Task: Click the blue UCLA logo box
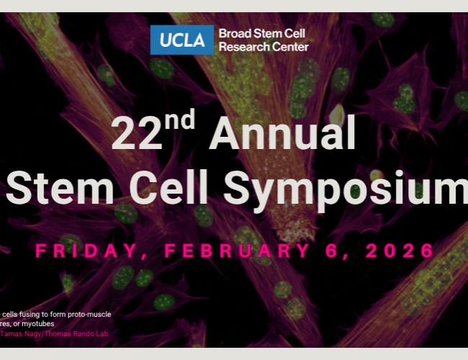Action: [182, 40]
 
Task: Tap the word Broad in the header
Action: [235, 34]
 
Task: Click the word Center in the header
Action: [291, 47]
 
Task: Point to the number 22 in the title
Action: [136, 135]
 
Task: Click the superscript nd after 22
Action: [179, 121]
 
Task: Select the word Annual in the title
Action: [282, 135]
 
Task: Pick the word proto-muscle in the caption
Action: [87, 315]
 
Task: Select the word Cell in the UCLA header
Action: [297, 34]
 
